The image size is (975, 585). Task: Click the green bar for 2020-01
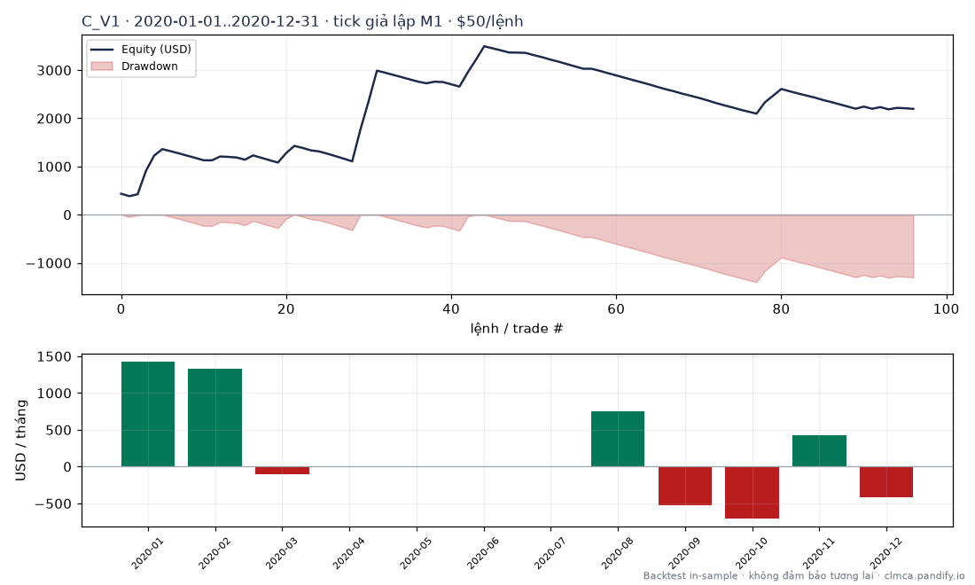(148, 414)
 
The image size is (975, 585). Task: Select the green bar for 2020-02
(215, 417)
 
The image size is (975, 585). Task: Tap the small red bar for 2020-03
(282, 471)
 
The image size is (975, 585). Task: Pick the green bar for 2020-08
(618, 439)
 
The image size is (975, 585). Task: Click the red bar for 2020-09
(684, 486)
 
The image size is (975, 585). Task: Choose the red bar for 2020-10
(752, 492)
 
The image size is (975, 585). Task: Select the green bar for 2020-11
(819, 451)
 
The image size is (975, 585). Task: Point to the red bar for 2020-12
(886, 482)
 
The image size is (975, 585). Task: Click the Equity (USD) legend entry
(141, 49)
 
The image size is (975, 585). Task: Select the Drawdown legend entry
(135, 66)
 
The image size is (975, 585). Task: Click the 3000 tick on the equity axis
(55, 70)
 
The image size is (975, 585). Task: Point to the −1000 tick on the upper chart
(49, 263)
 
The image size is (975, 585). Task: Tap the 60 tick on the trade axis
(616, 309)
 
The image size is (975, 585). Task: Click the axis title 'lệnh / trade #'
(517, 328)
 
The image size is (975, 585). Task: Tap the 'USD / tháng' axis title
(21, 441)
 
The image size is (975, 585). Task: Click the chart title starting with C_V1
(303, 22)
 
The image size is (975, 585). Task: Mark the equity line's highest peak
(484, 46)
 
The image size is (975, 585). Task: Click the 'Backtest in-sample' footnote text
(690, 575)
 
